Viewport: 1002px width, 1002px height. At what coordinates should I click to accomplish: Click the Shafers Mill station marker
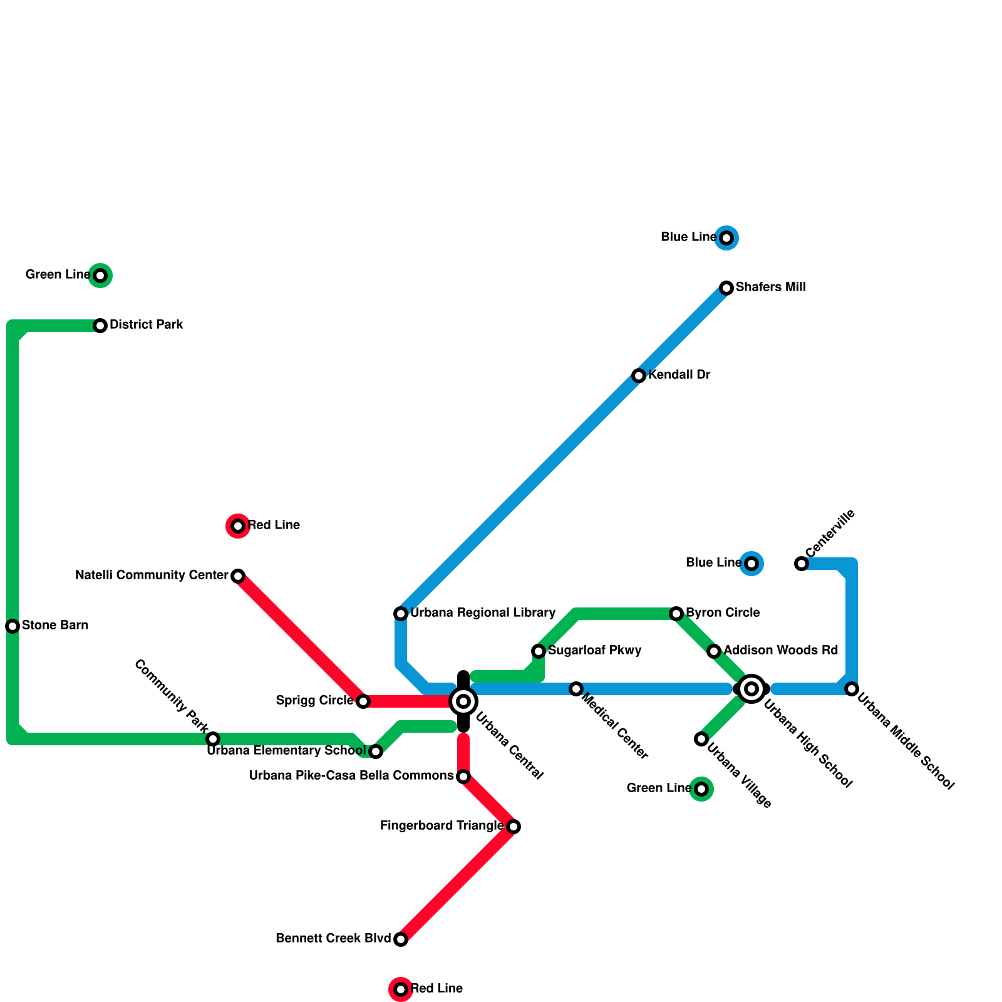[726, 288]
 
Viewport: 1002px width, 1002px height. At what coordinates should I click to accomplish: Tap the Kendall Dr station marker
[639, 376]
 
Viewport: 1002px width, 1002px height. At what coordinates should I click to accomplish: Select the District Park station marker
[100, 326]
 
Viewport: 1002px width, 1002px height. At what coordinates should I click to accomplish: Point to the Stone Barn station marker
[13, 626]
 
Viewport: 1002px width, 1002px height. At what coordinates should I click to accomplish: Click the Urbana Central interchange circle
[463, 701]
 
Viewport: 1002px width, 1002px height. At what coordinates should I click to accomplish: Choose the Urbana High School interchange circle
[751, 689]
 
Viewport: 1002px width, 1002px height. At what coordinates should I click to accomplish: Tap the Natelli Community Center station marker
[238, 576]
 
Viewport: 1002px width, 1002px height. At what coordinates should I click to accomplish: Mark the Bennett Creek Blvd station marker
[401, 939]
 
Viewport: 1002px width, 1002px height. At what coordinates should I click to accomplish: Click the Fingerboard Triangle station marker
[514, 827]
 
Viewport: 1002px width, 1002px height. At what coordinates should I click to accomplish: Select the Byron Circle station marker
[676, 614]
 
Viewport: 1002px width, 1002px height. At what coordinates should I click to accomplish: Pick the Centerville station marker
[802, 564]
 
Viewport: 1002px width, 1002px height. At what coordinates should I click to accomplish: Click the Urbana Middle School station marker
[852, 689]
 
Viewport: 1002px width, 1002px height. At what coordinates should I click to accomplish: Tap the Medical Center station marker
[576, 689]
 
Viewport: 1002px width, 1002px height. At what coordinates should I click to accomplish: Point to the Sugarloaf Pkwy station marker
[539, 651]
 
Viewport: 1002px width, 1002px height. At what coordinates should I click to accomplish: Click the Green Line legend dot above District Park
[100, 276]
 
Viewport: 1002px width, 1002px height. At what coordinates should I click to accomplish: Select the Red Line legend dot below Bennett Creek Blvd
[401, 989]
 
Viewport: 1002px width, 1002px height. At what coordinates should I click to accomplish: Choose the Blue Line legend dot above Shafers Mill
[726, 238]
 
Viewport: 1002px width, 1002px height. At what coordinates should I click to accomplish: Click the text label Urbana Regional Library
[483, 612]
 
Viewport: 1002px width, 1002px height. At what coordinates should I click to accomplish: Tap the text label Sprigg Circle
[314, 700]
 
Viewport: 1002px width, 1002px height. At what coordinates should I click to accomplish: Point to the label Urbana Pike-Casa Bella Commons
[351, 776]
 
